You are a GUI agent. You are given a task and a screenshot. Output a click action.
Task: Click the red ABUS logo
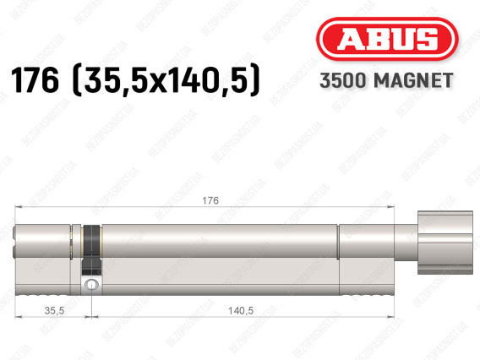[x=387, y=39]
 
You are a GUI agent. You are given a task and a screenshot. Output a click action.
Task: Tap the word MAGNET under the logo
[x=413, y=80]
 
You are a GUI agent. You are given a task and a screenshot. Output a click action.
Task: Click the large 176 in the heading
[x=35, y=80]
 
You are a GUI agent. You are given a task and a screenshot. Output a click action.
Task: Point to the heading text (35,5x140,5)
[x=166, y=81]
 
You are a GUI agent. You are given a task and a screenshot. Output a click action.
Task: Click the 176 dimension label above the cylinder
[x=210, y=200]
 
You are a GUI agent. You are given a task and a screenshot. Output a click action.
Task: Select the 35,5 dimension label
[x=54, y=310]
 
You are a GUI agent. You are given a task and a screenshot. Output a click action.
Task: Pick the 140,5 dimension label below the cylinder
[x=241, y=310]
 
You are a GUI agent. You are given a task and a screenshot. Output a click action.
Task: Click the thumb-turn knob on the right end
[x=445, y=243]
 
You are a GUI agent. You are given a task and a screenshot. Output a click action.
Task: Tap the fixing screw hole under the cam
[x=91, y=285]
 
